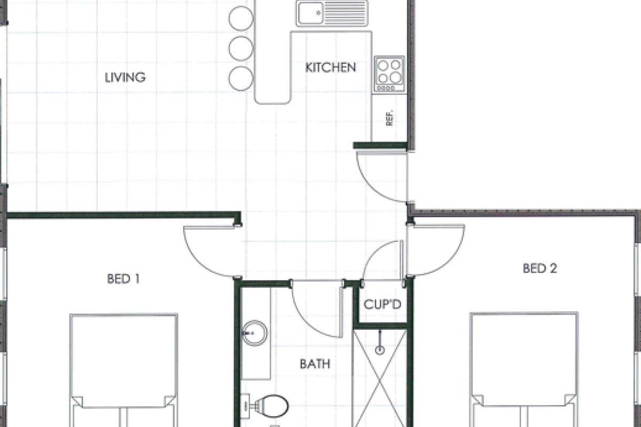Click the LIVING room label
(125, 77)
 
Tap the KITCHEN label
(331, 67)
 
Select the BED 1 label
(123, 279)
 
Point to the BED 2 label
(540, 268)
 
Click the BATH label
(315, 365)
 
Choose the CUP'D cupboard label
(382, 305)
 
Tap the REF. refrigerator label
(389, 117)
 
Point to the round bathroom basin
(254, 333)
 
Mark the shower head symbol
(380, 350)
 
